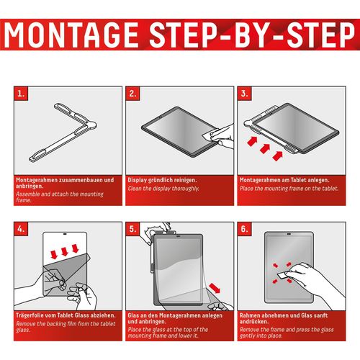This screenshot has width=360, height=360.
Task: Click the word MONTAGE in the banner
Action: coord(71,35)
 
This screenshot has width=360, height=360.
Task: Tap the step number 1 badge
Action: coord(21,94)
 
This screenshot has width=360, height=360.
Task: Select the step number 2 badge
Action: coord(132,94)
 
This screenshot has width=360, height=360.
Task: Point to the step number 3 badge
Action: coord(245,94)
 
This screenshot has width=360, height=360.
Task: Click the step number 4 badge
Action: coord(21,229)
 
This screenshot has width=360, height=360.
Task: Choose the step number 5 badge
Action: coord(132,229)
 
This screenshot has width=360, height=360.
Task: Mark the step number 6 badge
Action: coord(245,229)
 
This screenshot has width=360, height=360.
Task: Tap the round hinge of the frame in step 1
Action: coord(91,125)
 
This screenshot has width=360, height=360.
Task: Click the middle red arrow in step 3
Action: coord(265,148)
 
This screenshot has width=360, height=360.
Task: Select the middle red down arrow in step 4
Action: coord(65,251)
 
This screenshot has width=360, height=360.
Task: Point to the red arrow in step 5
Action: coord(215,287)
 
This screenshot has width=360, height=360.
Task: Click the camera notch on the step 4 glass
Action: coord(65,233)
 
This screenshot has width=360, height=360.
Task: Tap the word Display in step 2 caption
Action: coord(137,180)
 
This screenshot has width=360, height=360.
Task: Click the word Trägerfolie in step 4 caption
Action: coord(31,315)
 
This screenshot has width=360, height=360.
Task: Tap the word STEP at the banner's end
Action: coord(320,35)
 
